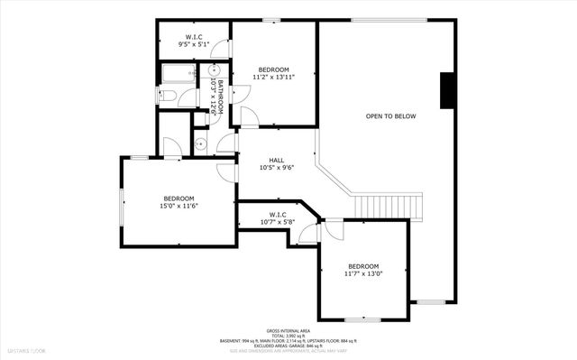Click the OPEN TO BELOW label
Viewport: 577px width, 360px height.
click(390, 116)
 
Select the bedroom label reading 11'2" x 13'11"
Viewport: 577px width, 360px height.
click(273, 73)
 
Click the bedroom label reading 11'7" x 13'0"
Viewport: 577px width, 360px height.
click(363, 271)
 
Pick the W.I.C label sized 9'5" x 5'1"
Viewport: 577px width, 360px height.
click(194, 39)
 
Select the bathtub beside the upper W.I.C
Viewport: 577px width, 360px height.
click(178, 73)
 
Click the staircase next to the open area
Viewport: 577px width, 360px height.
click(388, 207)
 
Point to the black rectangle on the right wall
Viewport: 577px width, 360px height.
click(444, 90)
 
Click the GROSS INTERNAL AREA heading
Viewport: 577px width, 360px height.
click(288, 331)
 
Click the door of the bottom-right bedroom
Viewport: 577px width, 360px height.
click(332, 229)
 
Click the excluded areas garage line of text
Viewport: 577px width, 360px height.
click(288, 346)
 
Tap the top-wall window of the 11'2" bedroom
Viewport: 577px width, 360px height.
click(270, 20)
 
